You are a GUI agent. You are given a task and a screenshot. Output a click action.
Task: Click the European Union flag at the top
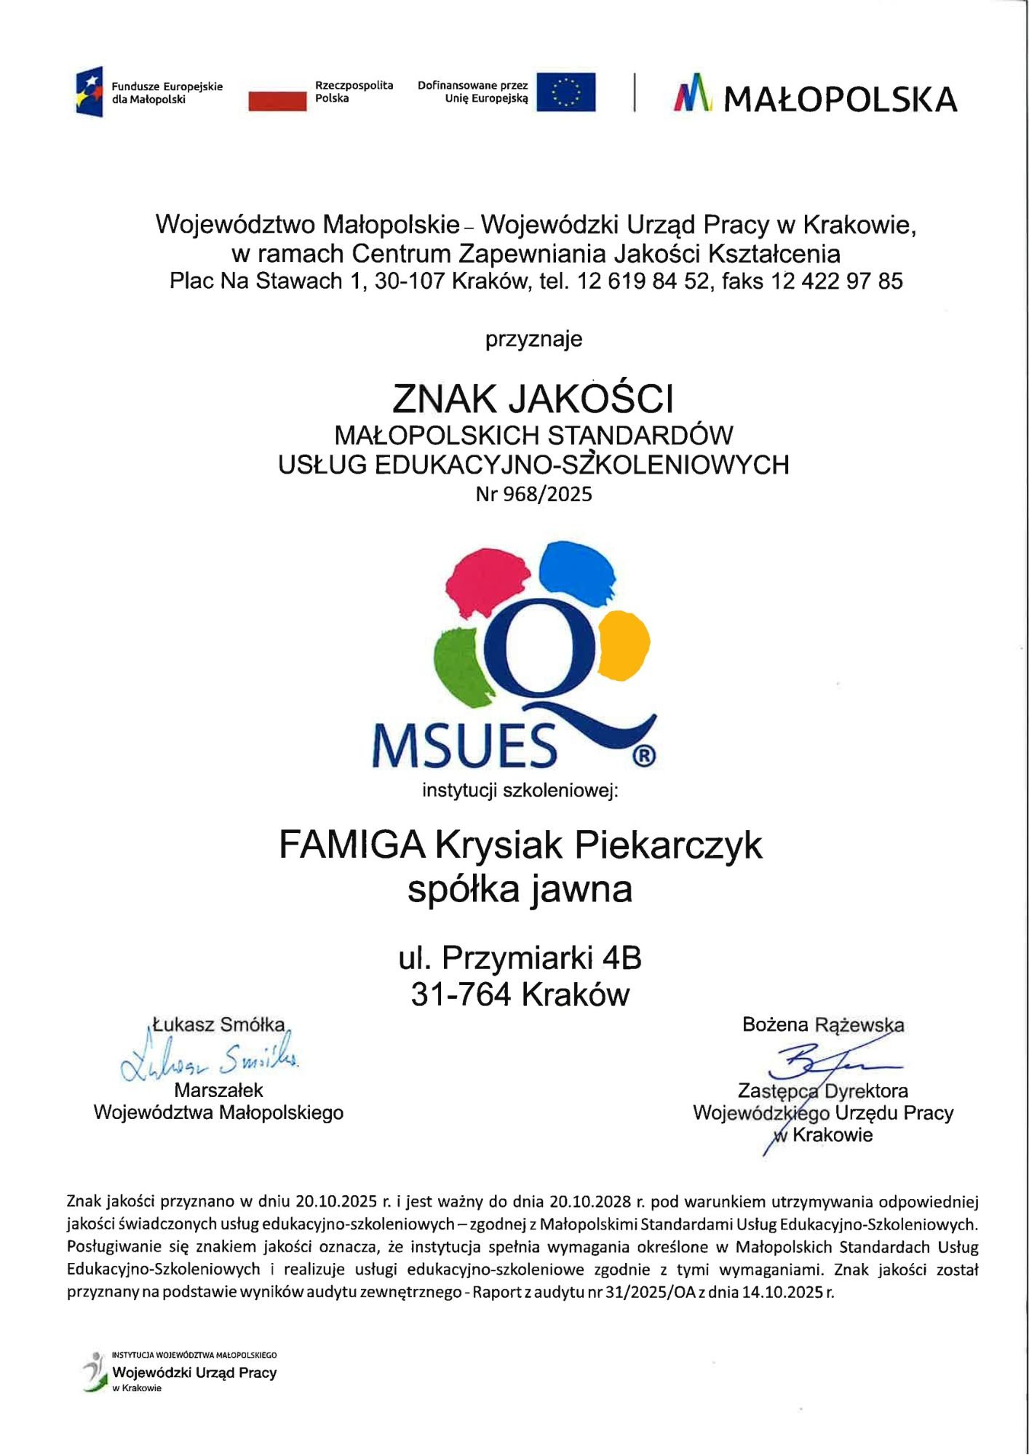coord(565,92)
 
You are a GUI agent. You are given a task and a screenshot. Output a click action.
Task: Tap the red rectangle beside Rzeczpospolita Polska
coord(277,100)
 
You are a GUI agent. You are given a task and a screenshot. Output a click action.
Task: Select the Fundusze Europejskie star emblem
coord(90,92)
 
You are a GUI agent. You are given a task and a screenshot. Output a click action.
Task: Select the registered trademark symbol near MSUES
coord(643,756)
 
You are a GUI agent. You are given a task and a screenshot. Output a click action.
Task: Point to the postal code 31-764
coord(461,994)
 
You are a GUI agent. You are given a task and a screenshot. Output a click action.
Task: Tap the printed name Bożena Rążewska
coord(823,1025)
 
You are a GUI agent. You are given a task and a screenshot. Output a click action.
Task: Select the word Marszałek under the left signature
coord(218,1091)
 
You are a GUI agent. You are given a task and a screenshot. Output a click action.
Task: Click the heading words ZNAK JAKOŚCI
coord(533,399)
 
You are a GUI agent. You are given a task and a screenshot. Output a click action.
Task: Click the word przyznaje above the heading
coord(533,340)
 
